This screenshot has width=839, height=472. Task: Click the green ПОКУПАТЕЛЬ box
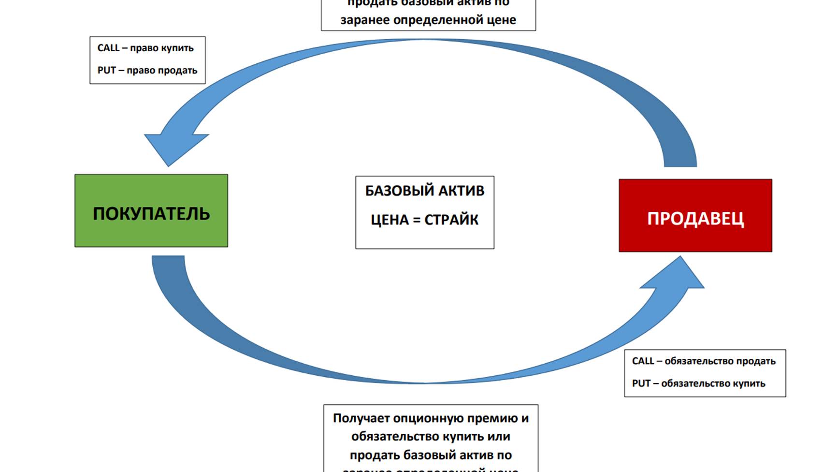(x=151, y=211)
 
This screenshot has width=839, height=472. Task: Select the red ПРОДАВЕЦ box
(x=695, y=216)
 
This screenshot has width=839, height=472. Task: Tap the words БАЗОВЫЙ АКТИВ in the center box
(x=424, y=191)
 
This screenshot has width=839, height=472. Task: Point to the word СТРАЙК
(x=451, y=220)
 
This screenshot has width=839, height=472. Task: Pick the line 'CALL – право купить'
(x=145, y=48)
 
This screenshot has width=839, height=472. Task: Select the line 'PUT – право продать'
(x=147, y=70)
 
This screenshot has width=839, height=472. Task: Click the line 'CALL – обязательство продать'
(x=704, y=361)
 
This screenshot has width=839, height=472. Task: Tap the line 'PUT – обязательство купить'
(x=699, y=383)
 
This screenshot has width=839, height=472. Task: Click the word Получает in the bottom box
(x=361, y=418)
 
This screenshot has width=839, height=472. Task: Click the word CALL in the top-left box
(x=108, y=48)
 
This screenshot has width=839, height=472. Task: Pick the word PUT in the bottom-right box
(x=641, y=383)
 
